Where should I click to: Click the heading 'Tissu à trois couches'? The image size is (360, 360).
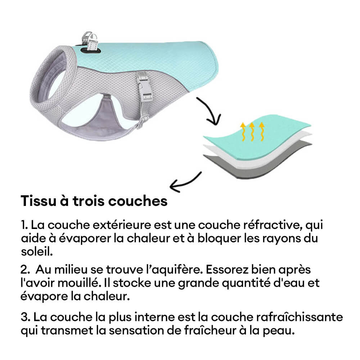[94, 201]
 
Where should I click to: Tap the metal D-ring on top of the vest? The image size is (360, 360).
[87, 38]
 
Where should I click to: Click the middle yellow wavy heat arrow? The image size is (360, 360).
[252, 132]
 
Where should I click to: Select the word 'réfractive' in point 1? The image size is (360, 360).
[277, 226]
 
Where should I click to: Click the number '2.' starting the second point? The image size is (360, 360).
[25, 270]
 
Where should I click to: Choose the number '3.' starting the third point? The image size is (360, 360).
[25, 318]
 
